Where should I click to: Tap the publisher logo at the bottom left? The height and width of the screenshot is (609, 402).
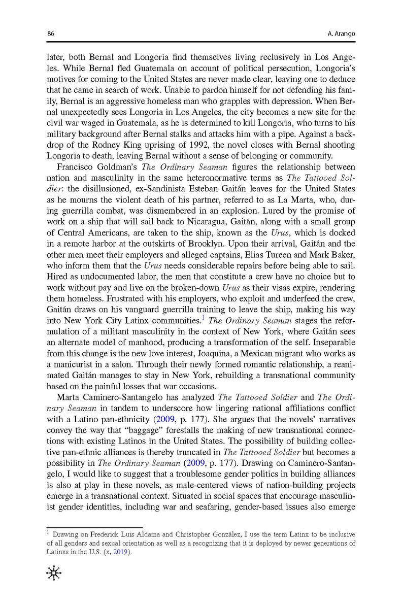click(x=53, y=573)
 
